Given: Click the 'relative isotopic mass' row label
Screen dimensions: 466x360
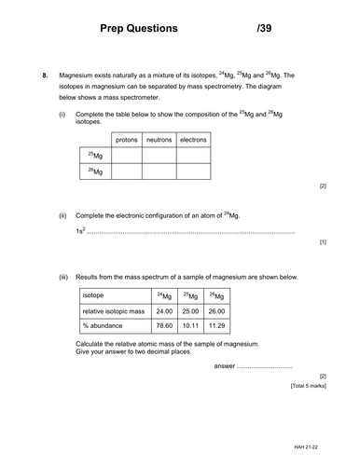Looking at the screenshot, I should [115, 309].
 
